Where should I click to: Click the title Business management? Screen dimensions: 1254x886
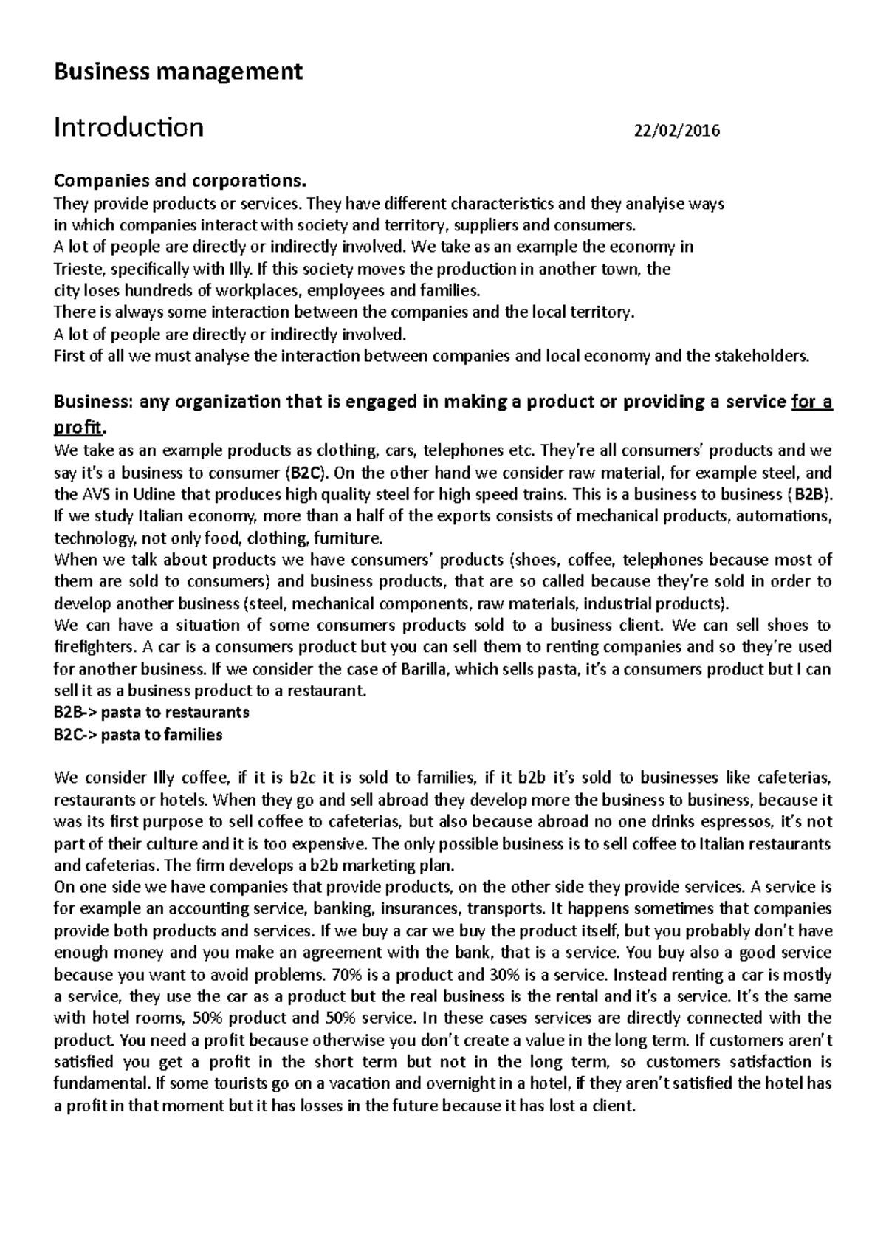(x=178, y=72)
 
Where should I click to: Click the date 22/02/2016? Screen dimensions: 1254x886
(x=677, y=131)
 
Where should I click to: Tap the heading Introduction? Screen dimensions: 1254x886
(x=129, y=128)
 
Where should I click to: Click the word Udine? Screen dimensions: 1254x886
(x=146, y=494)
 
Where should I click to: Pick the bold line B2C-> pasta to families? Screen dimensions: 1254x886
(x=138, y=735)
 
